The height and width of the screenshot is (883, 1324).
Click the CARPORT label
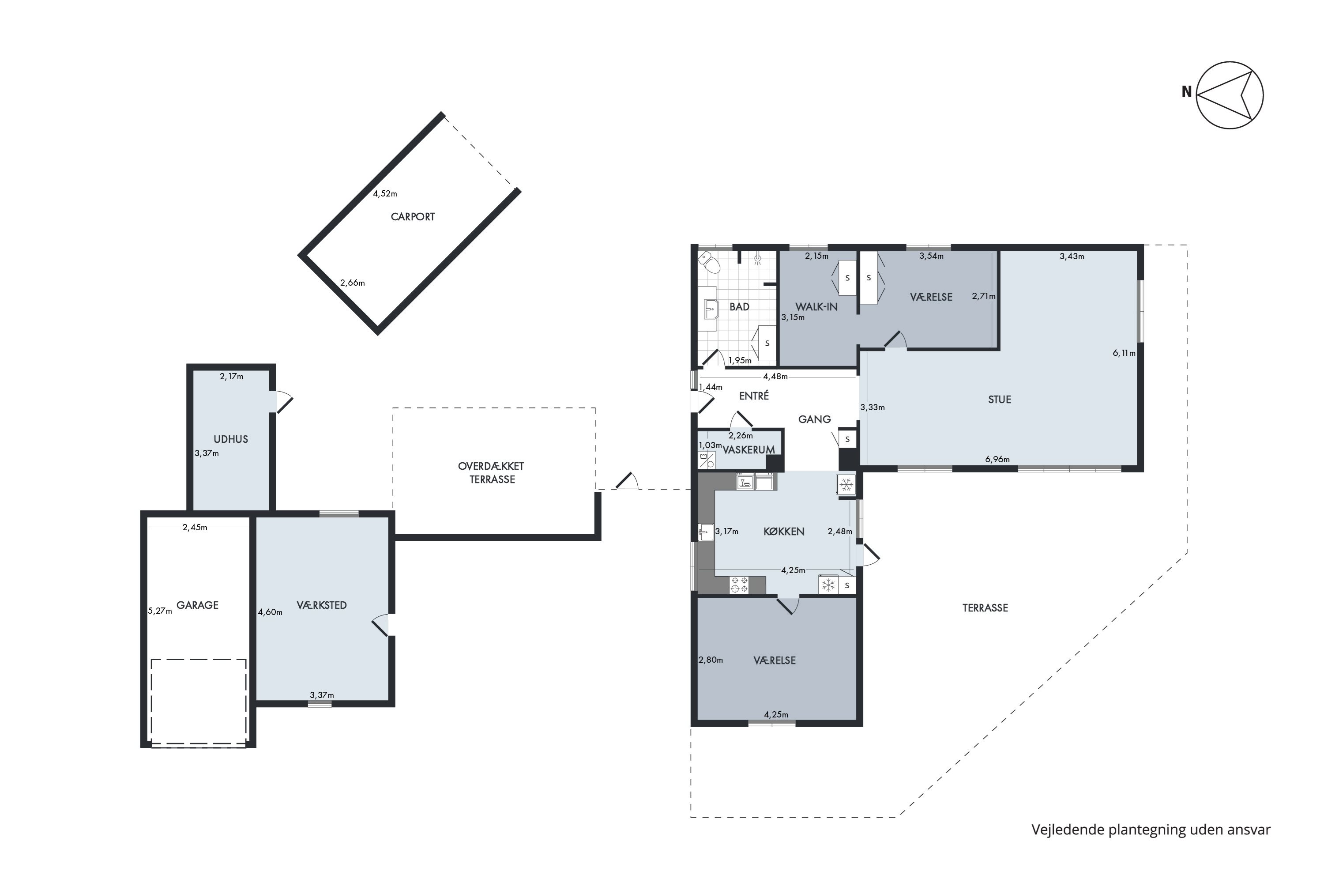click(413, 217)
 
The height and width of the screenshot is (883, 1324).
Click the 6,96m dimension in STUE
click(997, 460)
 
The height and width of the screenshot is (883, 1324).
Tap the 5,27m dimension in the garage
click(160, 611)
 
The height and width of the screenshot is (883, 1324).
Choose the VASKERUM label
click(749, 450)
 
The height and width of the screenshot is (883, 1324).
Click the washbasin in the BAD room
click(709, 309)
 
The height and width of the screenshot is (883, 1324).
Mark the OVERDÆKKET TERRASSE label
click(492, 473)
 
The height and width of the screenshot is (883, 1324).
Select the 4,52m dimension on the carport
click(385, 194)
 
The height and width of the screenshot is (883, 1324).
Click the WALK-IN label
click(816, 307)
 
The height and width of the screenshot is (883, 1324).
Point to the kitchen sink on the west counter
click(705, 532)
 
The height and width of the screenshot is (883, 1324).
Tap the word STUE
click(1000, 400)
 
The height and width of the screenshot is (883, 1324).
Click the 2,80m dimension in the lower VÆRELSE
click(711, 660)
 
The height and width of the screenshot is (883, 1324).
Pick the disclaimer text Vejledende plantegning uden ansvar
click(1151, 830)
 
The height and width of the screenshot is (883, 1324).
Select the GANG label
click(815, 419)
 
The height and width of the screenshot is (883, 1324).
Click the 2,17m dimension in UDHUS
click(231, 377)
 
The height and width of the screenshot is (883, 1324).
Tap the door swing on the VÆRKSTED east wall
click(380, 625)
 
